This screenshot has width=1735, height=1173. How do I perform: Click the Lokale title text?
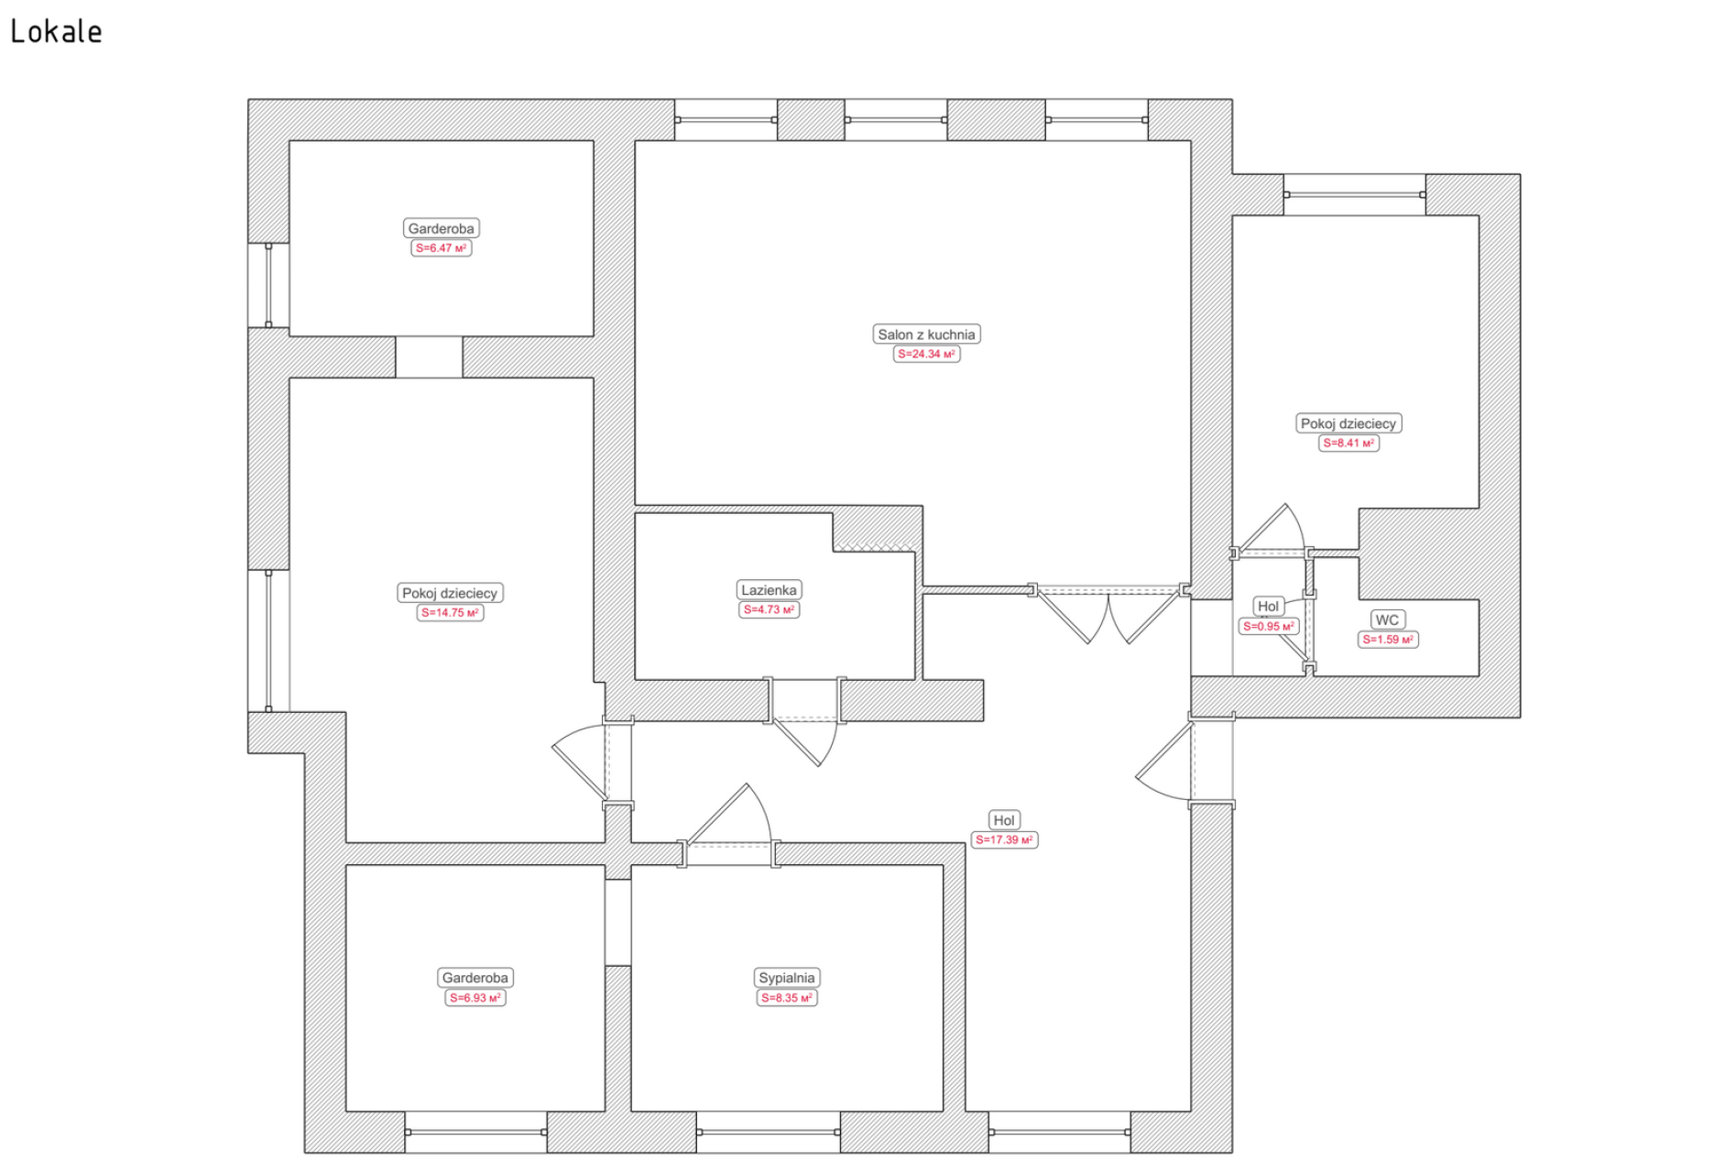56,32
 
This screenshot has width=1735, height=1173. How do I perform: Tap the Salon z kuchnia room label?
926,334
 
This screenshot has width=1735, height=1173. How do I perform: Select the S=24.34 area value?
926,354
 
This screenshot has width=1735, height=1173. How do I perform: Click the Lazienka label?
769,590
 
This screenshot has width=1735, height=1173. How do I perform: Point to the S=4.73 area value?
769,609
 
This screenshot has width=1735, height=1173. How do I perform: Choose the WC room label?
1387,620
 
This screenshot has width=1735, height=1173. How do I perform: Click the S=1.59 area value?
1388,640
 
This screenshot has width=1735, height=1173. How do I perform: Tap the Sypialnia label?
786,978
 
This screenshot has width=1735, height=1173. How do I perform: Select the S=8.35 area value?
787,998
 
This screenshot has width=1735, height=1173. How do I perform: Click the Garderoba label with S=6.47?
441,228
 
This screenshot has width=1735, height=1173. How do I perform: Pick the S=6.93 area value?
475,998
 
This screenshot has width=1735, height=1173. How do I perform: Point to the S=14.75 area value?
450,612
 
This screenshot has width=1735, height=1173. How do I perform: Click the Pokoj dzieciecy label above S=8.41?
1348,423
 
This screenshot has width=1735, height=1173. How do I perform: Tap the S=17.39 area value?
1004,839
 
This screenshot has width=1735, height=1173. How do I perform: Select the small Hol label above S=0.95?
1268,606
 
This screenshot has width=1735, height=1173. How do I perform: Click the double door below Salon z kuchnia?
1108,614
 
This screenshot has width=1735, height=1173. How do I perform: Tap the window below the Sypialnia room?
768,1133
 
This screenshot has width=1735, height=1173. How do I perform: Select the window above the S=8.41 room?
1355,194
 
